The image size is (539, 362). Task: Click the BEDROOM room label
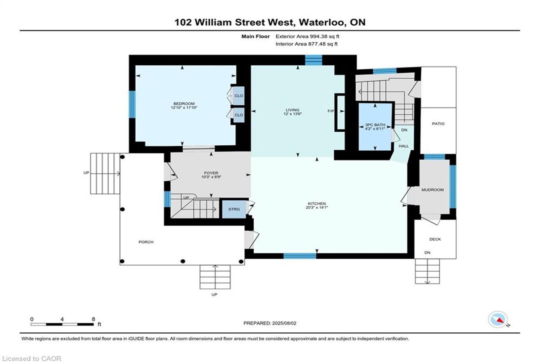[x=184, y=103]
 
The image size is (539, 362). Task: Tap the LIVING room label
[x=292, y=110]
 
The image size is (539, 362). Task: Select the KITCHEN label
[x=317, y=204]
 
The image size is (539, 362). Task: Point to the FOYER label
[x=211, y=173]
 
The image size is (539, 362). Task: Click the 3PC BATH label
[x=375, y=125]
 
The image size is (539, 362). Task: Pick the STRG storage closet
[x=234, y=209]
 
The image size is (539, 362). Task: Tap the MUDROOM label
[x=433, y=190]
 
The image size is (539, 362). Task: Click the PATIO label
[x=438, y=124]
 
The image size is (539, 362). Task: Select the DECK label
[x=435, y=239]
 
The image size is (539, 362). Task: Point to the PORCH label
[x=146, y=242]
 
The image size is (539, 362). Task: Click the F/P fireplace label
[x=331, y=111]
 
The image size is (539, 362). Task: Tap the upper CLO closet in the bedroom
[x=239, y=96]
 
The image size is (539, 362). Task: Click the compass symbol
[x=498, y=320]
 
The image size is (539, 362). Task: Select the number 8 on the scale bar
[x=93, y=319]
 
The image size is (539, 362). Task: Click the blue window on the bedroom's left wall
[x=132, y=104]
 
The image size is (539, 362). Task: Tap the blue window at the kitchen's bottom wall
[x=300, y=256]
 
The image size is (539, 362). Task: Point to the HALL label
[x=403, y=146]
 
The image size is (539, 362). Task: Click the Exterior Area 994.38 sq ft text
[x=307, y=36]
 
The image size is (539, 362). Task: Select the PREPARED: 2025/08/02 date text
[x=270, y=323]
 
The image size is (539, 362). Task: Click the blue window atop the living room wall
[x=314, y=60]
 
